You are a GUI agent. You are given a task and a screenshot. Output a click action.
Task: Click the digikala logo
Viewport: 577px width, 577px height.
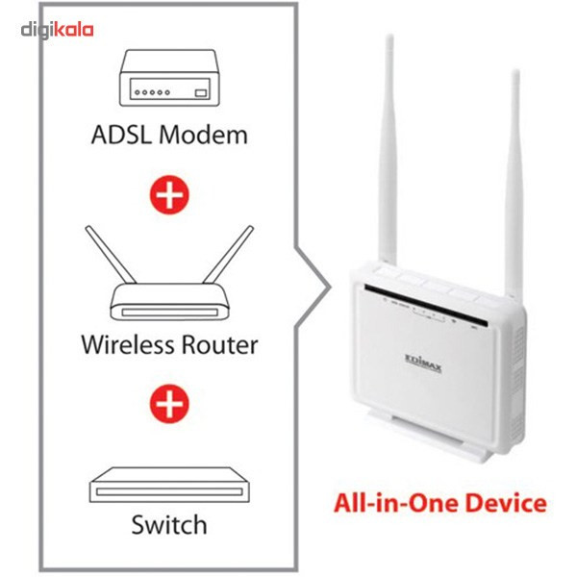[58, 30]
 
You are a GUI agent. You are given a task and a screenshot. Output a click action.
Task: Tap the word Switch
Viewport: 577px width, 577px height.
[169, 525]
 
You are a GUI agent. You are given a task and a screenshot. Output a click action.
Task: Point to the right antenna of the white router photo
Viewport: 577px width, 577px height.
[515, 163]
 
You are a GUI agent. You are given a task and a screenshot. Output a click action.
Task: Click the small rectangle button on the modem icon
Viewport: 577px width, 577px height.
[201, 93]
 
